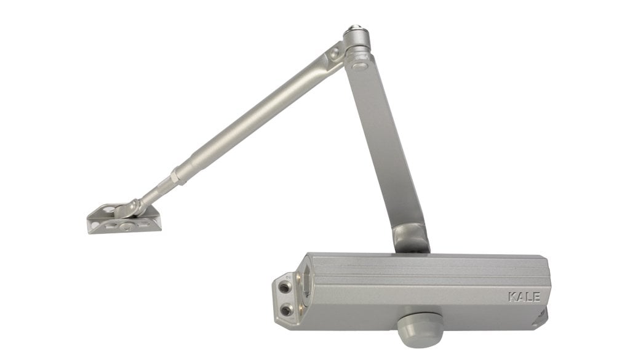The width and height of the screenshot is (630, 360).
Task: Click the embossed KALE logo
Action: click(524, 297)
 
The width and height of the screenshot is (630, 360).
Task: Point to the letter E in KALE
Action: click(536, 297)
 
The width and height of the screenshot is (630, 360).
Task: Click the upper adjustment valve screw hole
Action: click(285, 287)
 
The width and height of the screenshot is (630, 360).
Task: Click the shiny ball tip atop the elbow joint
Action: click(354, 28)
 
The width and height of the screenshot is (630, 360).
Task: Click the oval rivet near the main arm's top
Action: click(359, 66)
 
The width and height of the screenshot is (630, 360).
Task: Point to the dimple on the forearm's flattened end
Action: click(334, 53)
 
